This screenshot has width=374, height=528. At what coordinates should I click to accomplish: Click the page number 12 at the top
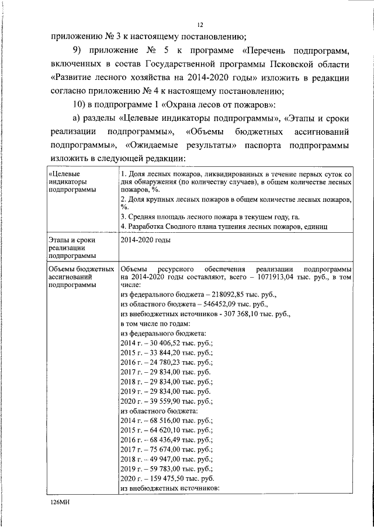tap(200, 25)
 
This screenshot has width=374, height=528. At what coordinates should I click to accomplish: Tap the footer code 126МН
tap(59, 501)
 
